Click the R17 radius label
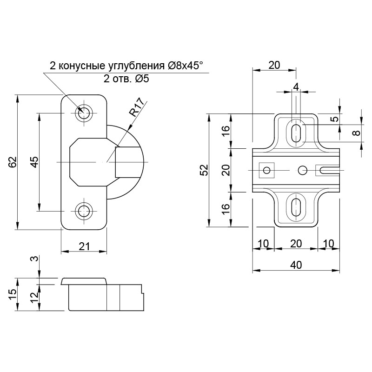coord(137,107)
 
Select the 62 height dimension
coord(13,162)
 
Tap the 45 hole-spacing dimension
coord(34,162)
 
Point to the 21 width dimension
coord(84,246)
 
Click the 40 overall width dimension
coord(296,265)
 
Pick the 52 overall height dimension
coord(205,170)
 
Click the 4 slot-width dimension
coord(296,87)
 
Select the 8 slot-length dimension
coord(356,133)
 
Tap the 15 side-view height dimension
coord(13,294)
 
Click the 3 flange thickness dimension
coord(34,259)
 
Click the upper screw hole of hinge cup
coord(84,113)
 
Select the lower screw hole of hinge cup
coord(84,211)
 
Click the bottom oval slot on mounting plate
coord(296,207)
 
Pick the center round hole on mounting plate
coord(303,170)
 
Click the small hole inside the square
coord(267,170)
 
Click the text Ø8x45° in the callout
coord(185,66)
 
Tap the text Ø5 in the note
coord(142,79)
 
